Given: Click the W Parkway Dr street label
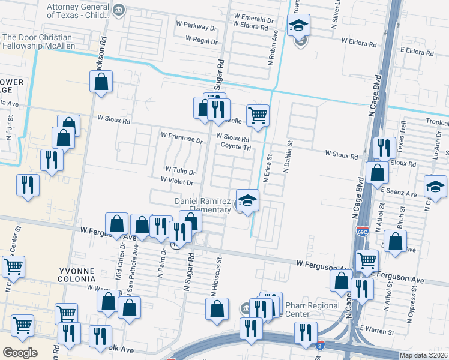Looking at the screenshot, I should coord(196,27).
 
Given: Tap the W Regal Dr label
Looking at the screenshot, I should coord(200,39).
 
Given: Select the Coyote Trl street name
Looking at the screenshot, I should coord(235,147).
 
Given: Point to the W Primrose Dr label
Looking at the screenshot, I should coord(182,137).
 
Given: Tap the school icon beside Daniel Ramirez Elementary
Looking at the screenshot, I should coord(247,201).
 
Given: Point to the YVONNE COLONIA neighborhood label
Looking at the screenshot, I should coord(76,275).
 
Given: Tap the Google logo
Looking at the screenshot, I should coord(20,353).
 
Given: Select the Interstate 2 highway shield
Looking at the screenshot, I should coord(321,344).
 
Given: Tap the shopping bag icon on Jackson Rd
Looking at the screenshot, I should coord(102,82).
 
